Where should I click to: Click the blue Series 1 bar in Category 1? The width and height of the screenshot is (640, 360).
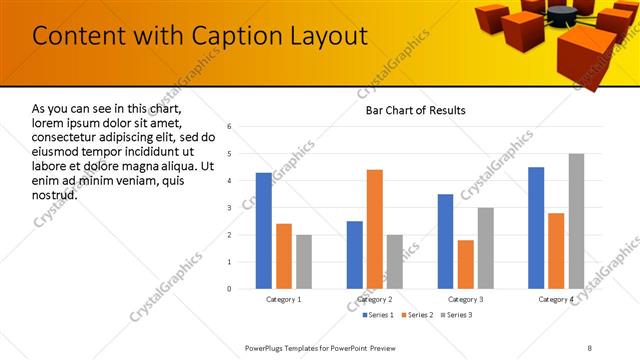pyautogui.click(x=264, y=231)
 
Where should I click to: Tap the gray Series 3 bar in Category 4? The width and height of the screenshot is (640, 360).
pyautogui.click(x=577, y=221)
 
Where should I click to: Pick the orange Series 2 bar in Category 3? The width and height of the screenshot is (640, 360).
pyautogui.click(x=466, y=264)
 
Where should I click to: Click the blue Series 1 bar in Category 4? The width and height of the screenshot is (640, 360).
pyautogui.click(x=536, y=228)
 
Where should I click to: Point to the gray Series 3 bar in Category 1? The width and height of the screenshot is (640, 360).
pyautogui.click(x=304, y=262)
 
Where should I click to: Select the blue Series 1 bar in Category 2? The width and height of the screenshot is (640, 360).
pyautogui.click(x=355, y=255)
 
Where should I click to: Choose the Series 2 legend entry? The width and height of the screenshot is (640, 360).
pyautogui.click(x=415, y=315)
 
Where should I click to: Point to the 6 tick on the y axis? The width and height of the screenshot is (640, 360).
pyautogui.click(x=229, y=127)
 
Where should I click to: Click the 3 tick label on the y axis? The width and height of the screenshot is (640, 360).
pyautogui.click(x=229, y=208)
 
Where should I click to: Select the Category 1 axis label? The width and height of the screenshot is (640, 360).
pyautogui.click(x=284, y=299)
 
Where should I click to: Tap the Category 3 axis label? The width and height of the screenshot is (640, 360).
pyautogui.click(x=466, y=299)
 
